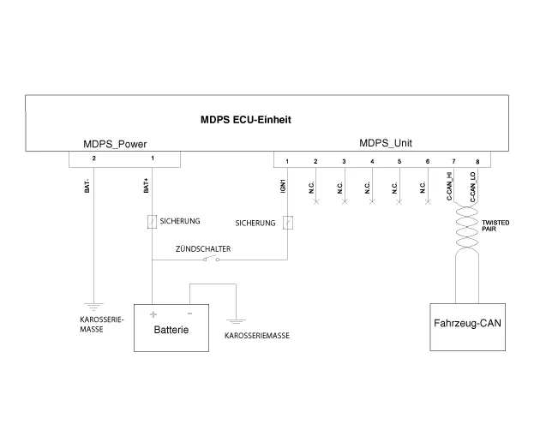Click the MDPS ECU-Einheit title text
pos(245,120)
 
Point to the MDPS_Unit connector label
pos(385,144)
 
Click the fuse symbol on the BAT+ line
pos(152,222)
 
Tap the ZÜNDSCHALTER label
pos(203,249)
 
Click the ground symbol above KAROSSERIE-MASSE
pos(93,304)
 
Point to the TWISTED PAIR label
pos(496,226)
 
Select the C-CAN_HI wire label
pos(449,187)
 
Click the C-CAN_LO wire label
pos(473,187)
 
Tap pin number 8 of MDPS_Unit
pos(477,161)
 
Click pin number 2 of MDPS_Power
pos(93,158)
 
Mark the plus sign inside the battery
pos(153,314)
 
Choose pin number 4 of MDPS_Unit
pos(372,161)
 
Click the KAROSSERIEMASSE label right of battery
pos(256,336)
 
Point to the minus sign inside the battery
pos(189,313)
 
